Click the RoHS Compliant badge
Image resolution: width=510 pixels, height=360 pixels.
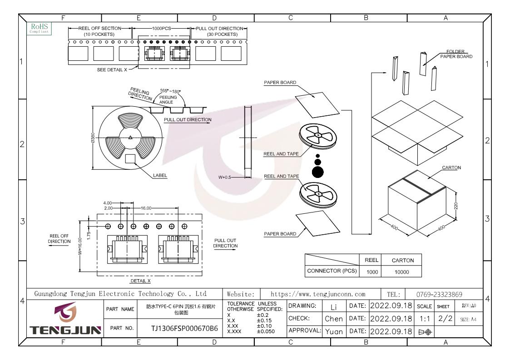[39, 29]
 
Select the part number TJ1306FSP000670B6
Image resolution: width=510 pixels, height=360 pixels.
[184, 329]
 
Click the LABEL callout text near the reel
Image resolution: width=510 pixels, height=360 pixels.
[160, 176]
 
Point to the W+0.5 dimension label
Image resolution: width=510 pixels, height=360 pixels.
[224, 178]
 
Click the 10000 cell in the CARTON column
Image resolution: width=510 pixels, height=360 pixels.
[402, 272]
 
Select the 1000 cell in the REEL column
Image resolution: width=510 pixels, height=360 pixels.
[372, 272]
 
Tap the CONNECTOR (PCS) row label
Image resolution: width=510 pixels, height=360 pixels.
[332, 271]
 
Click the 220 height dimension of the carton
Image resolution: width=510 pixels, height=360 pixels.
[456, 206]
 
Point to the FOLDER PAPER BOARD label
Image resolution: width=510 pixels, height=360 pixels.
[456, 54]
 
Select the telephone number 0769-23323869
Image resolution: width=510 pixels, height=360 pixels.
[439, 295]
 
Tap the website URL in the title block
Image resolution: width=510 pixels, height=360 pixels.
[318, 294]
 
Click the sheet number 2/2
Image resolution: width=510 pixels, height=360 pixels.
[445, 318]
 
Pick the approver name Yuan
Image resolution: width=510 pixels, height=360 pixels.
[334, 332]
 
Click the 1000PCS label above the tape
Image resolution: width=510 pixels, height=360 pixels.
[161, 29]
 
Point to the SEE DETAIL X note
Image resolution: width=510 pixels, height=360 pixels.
[112, 70]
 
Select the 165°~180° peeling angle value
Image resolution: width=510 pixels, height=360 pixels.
[170, 91]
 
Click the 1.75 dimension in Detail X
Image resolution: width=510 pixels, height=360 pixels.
[89, 236]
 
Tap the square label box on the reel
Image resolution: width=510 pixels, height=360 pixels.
[130, 159]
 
